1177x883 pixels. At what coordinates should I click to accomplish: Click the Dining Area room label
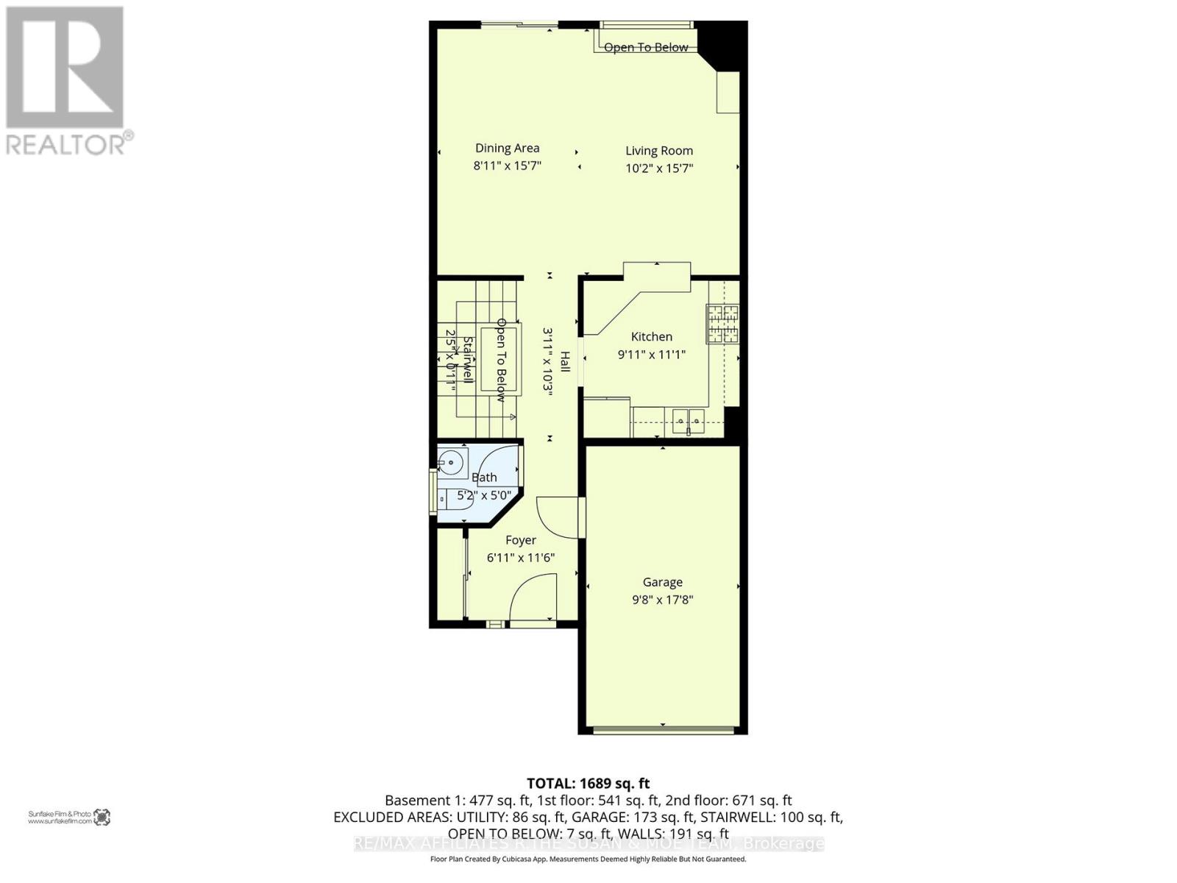coord(507,148)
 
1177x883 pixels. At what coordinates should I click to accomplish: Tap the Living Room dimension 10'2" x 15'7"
coord(659,168)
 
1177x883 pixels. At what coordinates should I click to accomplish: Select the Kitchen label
coord(651,336)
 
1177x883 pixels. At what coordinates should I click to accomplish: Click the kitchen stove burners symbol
coord(722,324)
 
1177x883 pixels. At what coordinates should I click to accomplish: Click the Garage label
coord(662,582)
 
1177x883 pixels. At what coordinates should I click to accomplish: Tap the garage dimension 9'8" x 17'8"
coord(662,600)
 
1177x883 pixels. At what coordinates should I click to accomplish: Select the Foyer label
coord(520,540)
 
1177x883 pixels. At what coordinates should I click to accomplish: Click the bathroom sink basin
coord(450,464)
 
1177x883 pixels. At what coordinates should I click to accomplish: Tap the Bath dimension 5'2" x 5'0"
coord(483,495)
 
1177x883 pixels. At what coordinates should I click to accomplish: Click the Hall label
coord(565,362)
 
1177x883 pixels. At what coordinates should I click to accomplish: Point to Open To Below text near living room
coord(646,47)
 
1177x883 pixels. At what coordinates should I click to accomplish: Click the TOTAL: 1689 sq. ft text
coord(588,783)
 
